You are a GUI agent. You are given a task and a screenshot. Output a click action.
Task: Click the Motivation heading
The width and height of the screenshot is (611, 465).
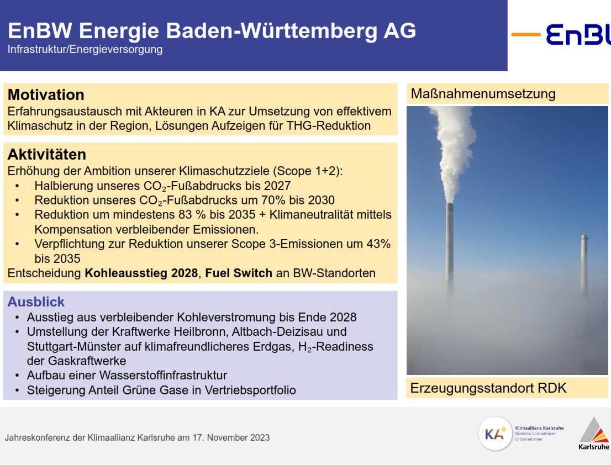click(x=46, y=94)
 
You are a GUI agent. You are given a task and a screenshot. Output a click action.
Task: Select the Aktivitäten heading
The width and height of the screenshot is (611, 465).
click(x=47, y=154)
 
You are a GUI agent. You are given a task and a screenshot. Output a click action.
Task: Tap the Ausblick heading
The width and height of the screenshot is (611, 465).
click(x=36, y=302)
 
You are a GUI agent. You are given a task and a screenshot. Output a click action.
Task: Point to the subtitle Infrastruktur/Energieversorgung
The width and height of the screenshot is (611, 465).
click(x=85, y=49)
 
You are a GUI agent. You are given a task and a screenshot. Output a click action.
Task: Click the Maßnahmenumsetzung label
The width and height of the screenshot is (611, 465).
click(x=483, y=94)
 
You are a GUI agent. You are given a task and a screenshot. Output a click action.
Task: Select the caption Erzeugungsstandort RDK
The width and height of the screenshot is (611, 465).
click(x=488, y=388)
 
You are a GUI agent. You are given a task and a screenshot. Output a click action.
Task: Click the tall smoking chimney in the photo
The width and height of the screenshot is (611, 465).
click(x=450, y=243)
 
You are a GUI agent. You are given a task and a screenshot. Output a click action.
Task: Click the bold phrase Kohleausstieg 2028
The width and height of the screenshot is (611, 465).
click(x=141, y=273)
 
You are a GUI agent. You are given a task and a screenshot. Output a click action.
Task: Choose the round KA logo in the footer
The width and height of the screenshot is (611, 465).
click(x=496, y=434)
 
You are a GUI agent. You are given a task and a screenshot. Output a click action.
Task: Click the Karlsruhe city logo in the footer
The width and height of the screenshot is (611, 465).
click(x=594, y=434)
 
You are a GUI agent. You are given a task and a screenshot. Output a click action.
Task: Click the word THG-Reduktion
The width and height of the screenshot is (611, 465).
click(x=329, y=125)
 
